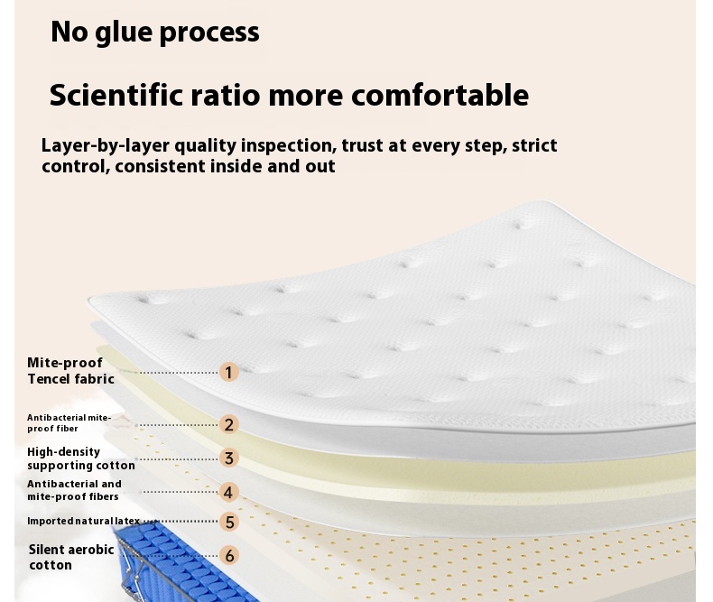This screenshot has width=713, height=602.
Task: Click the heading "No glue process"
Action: pos(155,32)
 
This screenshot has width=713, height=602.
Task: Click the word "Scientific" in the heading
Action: pos(116,95)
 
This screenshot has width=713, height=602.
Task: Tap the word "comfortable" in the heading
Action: pos(440,95)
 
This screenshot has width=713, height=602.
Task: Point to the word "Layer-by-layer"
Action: pos(106,146)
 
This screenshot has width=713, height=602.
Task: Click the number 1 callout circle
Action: pos(228,372)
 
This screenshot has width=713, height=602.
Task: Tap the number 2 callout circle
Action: pos(228,425)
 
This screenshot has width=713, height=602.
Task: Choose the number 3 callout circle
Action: pos(228,458)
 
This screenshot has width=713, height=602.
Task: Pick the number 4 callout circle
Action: pos(228,492)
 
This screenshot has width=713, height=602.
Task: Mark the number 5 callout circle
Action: pos(229,522)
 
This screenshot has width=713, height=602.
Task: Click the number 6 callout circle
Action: pos(229,555)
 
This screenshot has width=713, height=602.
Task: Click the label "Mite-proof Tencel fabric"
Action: pos(70,371)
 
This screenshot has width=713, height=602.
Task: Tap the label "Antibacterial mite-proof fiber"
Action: pos(69,423)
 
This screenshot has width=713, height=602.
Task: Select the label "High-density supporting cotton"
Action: pos(81,458)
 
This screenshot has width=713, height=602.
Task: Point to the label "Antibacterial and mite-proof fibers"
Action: pos(74,490)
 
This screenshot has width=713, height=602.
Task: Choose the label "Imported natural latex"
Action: pos(84,521)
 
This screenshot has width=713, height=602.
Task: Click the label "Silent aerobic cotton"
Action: pos(71,557)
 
